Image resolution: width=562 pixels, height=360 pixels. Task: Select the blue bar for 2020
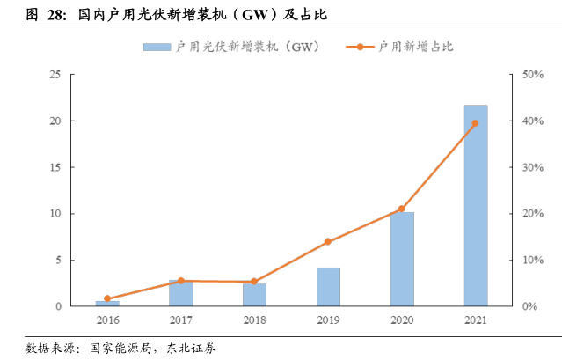[x=402, y=259]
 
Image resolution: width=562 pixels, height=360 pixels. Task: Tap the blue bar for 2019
[x=328, y=287]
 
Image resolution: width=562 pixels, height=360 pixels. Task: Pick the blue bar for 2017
[x=180, y=293]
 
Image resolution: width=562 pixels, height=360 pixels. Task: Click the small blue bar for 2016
[x=107, y=304]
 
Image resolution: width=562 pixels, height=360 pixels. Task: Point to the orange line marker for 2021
[x=476, y=123]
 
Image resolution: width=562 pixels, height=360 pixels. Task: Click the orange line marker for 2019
[x=328, y=241]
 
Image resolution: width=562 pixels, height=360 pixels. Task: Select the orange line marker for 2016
[x=107, y=298]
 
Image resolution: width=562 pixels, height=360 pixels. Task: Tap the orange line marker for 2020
[x=402, y=209]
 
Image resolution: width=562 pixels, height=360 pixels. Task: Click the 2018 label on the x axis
[x=254, y=320]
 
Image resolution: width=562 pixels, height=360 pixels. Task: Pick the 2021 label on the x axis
[x=476, y=320]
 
